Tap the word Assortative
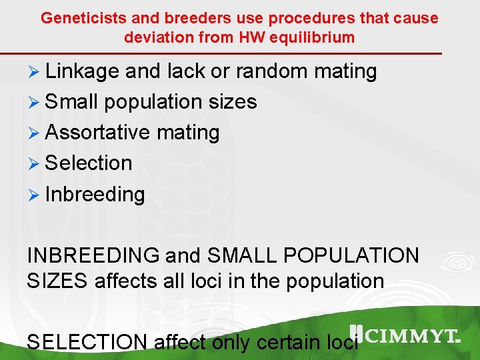pos(97,133)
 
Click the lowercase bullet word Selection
pos(89,163)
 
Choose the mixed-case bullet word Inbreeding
pos(95,195)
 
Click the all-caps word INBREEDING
pos(93,255)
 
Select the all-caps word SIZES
pos(57,281)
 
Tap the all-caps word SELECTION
pos(87,342)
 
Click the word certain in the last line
pos(287,342)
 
